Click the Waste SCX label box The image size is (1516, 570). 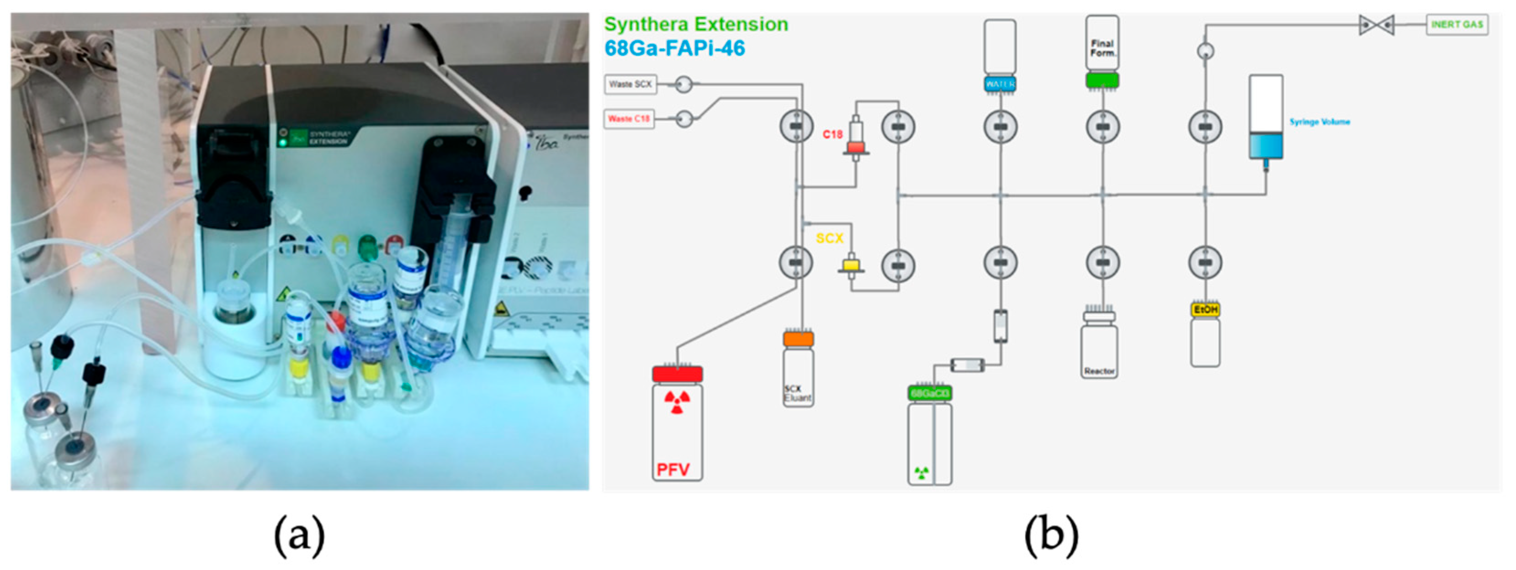tap(630, 84)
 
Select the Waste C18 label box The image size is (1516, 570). tap(629, 119)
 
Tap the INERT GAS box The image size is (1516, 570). tap(1457, 25)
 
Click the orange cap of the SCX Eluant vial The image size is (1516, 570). tap(798, 339)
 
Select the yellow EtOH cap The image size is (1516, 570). tap(1205, 309)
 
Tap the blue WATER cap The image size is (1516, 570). tap(1000, 84)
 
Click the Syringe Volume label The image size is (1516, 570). tap(1320, 122)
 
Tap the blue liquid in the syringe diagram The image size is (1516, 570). tap(1266, 146)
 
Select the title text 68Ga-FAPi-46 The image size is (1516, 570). tap(674, 48)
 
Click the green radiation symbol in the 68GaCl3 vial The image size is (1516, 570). tap(922, 472)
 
